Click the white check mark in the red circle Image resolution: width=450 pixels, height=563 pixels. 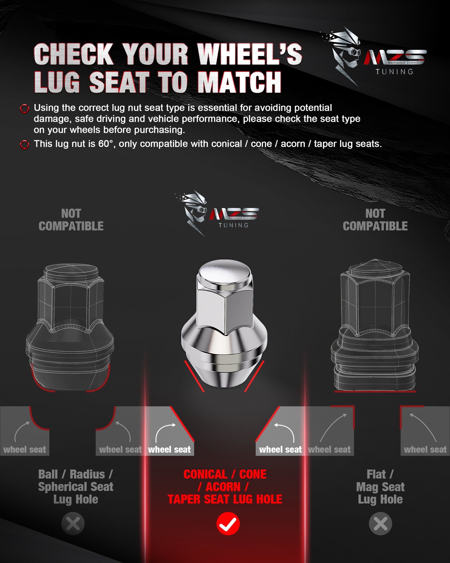pos(228,524)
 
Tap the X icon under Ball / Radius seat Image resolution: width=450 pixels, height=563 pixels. pos(73,524)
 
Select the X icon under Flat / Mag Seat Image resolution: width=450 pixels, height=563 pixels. pos(380,524)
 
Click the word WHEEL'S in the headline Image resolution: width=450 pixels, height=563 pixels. pos(250,54)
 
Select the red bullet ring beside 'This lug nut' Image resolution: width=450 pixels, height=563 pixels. pos(25,145)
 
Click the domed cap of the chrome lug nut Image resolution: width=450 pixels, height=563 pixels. pos(225,273)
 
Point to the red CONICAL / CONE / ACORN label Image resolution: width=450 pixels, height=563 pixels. pos(225,487)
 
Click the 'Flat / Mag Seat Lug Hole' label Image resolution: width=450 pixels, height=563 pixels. pos(380,487)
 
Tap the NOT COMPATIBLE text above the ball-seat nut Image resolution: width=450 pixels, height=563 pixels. pos(71,220)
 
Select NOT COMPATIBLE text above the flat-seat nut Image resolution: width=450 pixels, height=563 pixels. pos(375,220)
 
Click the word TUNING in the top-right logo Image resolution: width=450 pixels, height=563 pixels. pos(395,72)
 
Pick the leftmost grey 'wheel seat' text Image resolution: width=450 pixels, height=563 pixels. pos(25,449)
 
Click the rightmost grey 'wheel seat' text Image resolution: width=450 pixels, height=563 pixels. pos(425,449)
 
